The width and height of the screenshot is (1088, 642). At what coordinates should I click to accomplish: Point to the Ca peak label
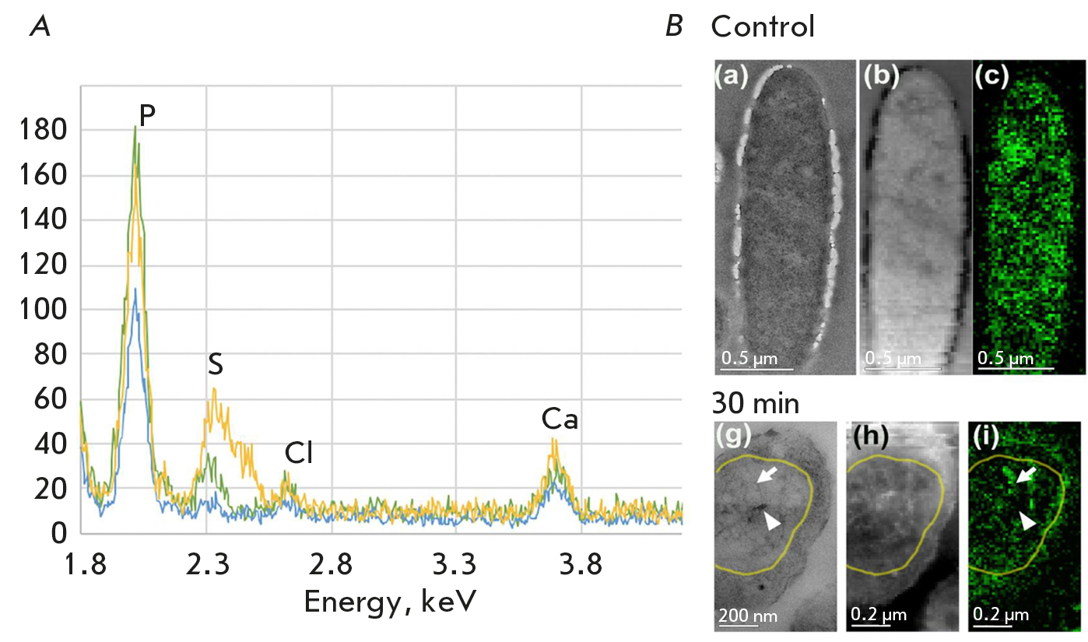pos(560,421)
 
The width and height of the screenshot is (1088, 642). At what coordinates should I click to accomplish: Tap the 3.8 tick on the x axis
pos(581,567)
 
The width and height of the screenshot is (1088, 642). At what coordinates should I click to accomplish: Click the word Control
pos(763,28)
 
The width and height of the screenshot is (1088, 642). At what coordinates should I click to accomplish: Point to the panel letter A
pos(40,28)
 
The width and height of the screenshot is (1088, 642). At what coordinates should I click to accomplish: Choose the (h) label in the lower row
pos(864,440)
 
